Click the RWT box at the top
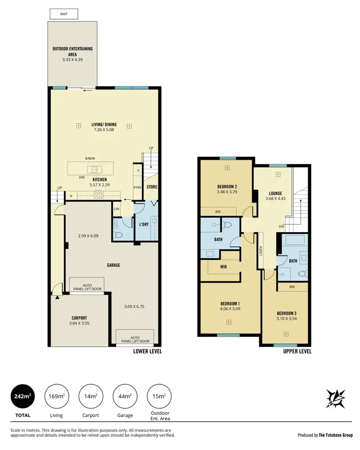coord(64,14)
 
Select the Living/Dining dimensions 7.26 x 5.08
coord(104,130)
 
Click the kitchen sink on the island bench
coord(95,169)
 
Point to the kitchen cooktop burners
coord(98,195)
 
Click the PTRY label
coord(137,187)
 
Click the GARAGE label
coord(113,265)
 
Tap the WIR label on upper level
coord(223,267)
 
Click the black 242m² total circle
coord(23,396)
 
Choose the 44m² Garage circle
coord(125,396)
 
